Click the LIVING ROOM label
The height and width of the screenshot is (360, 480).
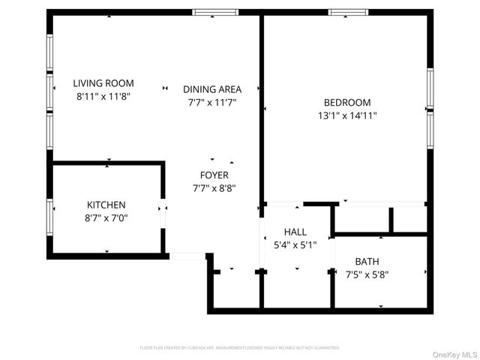(x=103, y=83)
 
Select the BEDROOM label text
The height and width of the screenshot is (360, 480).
(x=346, y=103)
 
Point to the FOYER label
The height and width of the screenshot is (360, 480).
(x=214, y=175)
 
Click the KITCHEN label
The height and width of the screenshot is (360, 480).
(x=106, y=205)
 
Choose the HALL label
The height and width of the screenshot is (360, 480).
(x=295, y=232)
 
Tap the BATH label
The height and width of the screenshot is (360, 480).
(x=367, y=261)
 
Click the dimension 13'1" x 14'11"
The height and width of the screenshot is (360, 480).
(x=346, y=115)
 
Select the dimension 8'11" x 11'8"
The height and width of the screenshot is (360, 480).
(x=103, y=96)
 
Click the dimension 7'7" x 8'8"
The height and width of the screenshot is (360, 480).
(x=214, y=187)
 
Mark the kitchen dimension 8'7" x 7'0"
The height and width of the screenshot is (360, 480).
(x=106, y=217)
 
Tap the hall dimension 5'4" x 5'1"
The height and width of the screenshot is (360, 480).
(x=295, y=244)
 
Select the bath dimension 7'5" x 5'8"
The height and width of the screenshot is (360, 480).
(x=367, y=274)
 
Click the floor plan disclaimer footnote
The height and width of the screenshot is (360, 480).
(x=240, y=348)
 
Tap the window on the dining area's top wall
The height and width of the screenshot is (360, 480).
(x=215, y=12)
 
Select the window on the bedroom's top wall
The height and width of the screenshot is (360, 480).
(x=349, y=12)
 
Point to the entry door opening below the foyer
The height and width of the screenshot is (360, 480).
(x=187, y=256)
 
